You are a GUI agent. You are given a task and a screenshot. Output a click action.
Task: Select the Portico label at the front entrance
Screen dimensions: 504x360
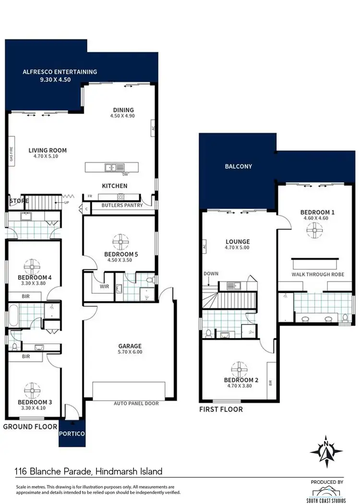pyautogui.click(x=72, y=433)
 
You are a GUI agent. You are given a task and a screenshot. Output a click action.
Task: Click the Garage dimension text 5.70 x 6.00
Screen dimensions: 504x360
pyautogui.click(x=130, y=352)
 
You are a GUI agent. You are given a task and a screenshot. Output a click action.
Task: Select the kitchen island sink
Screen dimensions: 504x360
pyautogui.click(x=112, y=167)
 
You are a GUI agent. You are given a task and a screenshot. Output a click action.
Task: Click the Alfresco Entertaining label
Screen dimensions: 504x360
pyautogui.click(x=60, y=72)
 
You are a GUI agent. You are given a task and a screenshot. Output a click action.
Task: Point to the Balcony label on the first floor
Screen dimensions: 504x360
pyautogui.click(x=239, y=167)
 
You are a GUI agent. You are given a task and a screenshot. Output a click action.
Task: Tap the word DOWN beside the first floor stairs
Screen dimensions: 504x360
pyautogui.click(x=211, y=274)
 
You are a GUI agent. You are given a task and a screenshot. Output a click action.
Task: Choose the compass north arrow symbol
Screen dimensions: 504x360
pyautogui.click(x=326, y=450)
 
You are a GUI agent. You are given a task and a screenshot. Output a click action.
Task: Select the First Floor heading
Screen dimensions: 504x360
pyautogui.click(x=221, y=409)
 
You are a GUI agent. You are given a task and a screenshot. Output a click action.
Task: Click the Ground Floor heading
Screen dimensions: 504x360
pyautogui.click(x=30, y=426)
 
